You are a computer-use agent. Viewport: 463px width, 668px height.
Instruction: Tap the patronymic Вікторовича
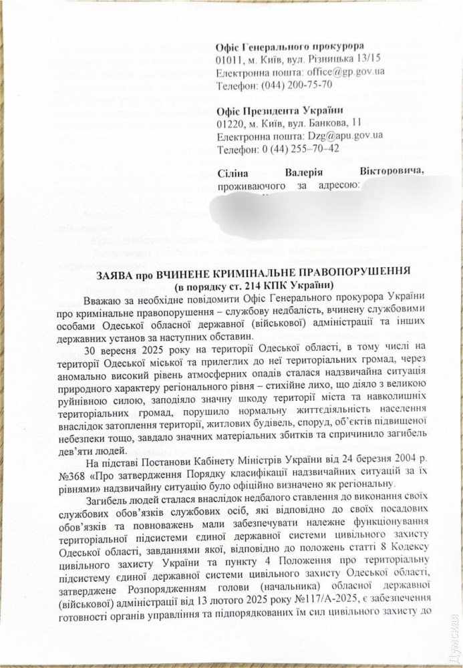392,172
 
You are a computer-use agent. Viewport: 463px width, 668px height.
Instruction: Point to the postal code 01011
228,59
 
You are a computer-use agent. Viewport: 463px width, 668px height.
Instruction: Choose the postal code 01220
228,123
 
